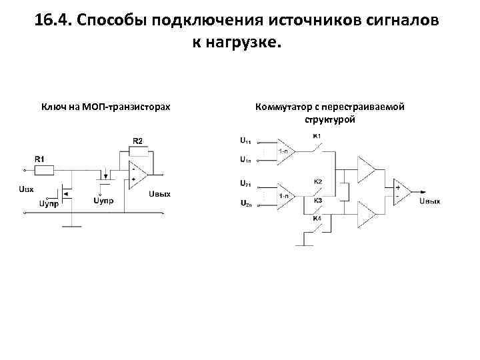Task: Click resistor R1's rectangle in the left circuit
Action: click(x=43, y=171)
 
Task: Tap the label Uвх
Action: click(x=25, y=189)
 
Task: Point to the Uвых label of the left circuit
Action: click(x=160, y=194)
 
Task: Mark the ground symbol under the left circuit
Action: click(x=71, y=227)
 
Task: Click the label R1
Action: click(x=39, y=159)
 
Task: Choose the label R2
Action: click(x=137, y=141)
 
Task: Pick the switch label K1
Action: click(x=317, y=136)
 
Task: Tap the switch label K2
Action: click(x=318, y=181)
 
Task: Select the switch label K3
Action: click(x=318, y=200)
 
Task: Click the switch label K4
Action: click(x=317, y=218)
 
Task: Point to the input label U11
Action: click(x=245, y=141)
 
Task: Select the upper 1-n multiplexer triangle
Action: click(x=285, y=151)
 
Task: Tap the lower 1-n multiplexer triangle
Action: click(x=285, y=195)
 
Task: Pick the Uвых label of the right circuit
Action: click(x=430, y=201)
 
